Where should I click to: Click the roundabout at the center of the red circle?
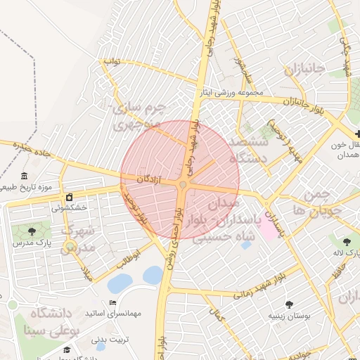(183, 184)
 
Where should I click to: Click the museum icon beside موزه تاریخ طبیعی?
(25, 176)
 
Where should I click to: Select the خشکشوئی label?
(69, 208)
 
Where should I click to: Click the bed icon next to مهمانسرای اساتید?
(113, 302)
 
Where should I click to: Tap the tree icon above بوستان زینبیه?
(289, 304)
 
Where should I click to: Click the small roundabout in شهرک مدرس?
(70, 246)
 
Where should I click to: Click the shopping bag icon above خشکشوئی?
(69, 196)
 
